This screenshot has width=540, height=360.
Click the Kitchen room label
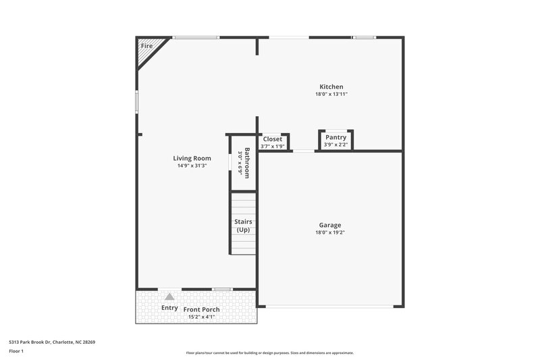[331, 86]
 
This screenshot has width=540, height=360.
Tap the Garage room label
[330, 225]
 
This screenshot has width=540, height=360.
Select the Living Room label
[192, 158]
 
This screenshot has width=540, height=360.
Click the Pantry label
[335, 137]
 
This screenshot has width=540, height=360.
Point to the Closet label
[273, 139]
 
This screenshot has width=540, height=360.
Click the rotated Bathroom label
[247, 163]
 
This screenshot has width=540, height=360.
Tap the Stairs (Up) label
[243, 226]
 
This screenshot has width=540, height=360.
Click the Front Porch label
[201, 309]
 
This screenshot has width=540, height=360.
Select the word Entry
[169, 308]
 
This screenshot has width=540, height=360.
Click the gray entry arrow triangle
[170, 296]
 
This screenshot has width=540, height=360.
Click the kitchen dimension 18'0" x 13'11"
[331, 95]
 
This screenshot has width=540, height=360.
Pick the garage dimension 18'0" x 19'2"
[330, 233]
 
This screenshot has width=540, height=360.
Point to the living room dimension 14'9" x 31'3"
[192, 165]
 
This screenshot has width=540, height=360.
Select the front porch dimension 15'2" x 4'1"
[201, 317]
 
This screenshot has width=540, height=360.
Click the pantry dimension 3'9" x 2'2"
[335, 145]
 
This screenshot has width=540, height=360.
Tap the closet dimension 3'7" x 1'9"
[273, 146]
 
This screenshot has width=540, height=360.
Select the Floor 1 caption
[16, 351]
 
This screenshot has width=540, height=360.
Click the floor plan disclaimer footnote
[269, 353]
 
